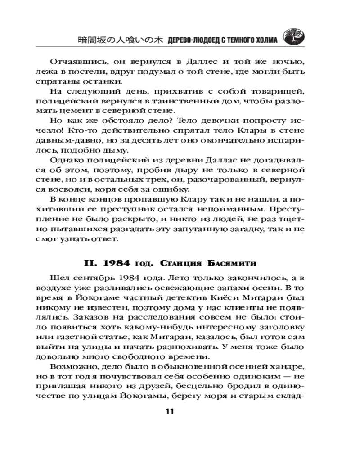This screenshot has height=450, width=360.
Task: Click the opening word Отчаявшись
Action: [77, 61]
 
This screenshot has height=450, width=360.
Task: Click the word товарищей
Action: [274, 92]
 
